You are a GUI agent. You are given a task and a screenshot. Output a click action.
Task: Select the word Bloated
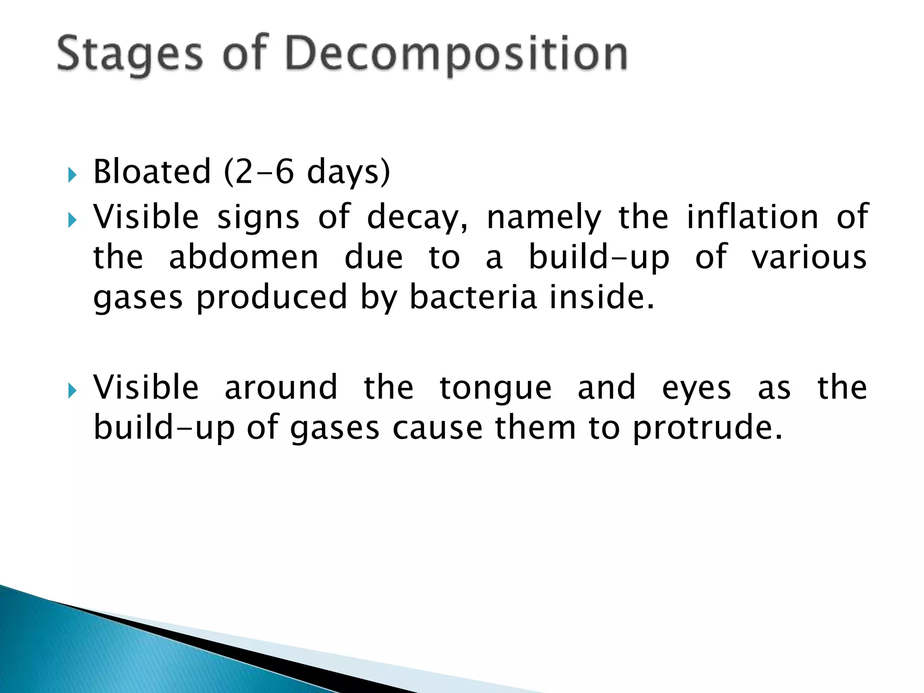click(152, 172)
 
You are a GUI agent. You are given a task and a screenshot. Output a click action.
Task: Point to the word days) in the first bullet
click(348, 172)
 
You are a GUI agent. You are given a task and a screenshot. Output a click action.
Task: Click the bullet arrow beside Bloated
click(72, 174)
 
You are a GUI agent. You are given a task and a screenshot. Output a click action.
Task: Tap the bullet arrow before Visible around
click(72, 390)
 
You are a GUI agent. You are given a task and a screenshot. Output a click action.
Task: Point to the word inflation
click(752, 217)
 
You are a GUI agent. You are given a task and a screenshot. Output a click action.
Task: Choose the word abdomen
click(244, 258)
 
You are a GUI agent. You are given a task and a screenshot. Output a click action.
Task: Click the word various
click(808, 258)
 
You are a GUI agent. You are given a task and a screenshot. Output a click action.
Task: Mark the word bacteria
click(473, 297)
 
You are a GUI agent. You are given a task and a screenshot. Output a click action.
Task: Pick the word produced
click(272, 297)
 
